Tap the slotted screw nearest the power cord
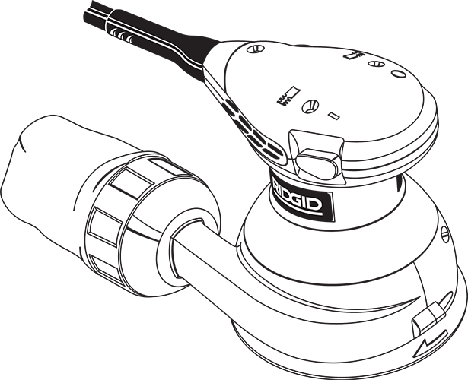coord(256,49)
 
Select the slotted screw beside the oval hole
coord(376,64)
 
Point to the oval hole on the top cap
coord(398,73)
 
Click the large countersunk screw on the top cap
coord(310,106)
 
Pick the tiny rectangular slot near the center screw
coord(334,116)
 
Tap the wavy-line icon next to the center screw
coord(288,96)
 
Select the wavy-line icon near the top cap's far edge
coord(353,55)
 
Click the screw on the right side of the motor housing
coord(444,233)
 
